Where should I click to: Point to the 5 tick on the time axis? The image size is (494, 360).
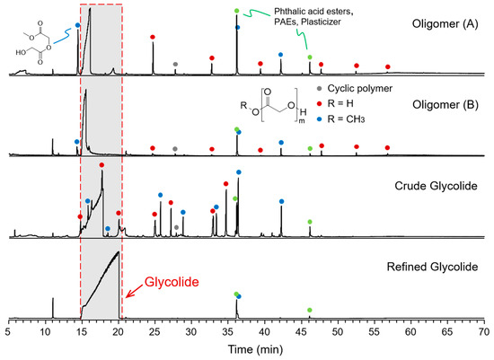8,332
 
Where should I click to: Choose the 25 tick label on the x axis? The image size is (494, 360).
155,332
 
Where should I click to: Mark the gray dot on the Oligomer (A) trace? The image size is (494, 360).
175,64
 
